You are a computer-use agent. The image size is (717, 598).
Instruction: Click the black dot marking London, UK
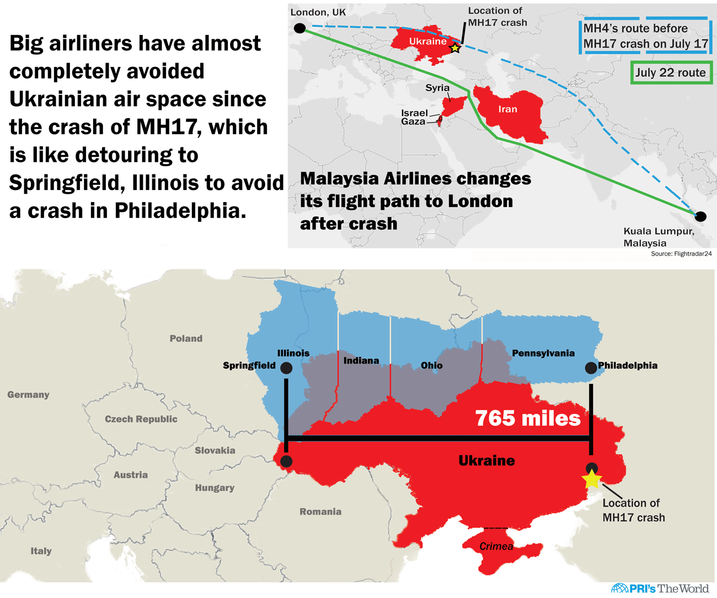[299, 28]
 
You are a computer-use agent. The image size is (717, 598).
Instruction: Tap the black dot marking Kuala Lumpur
[700, 216]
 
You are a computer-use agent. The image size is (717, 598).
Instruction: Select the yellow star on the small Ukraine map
[455, 48]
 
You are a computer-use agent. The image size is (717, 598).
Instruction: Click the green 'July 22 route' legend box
[671, 72]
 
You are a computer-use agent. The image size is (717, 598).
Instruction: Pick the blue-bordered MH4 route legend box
[645, 36]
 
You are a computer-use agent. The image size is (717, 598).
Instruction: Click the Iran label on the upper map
[507, 109]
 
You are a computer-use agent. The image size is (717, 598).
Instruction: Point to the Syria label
[437, 88]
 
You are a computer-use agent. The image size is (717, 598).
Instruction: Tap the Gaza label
[413, 121]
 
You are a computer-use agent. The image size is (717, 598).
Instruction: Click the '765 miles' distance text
[528, 418]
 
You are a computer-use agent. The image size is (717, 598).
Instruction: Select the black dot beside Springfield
[286, 368]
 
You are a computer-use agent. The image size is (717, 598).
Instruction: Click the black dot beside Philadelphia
[591, 368]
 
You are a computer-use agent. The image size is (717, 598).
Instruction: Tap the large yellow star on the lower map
[592, 479]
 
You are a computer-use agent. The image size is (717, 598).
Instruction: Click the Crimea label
[496, 546]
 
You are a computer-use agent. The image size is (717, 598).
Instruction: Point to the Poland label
[186, 338]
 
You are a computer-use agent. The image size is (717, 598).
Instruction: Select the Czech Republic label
[141, 419]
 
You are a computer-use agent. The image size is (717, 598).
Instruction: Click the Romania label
[320, 512]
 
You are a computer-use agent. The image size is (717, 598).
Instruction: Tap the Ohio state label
[431, 366]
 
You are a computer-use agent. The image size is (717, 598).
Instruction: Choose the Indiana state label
[361, 361]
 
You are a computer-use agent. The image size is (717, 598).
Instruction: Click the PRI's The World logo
[660, 589]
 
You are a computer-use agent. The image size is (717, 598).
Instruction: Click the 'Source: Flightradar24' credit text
[681, 254]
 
